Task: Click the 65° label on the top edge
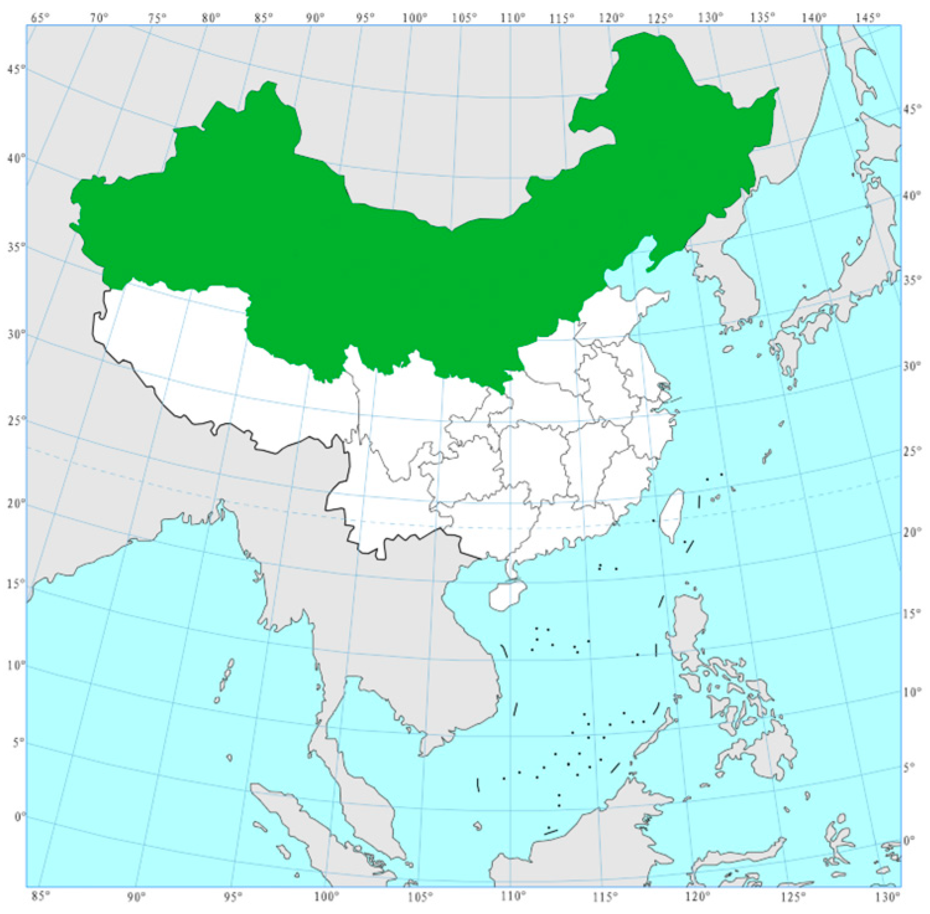[40, 18]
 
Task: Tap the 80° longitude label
[211, 18]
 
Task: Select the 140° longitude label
[813, 18]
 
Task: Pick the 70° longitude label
[99, 18]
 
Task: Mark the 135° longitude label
[762, 18]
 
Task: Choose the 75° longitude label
[157, 18]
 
